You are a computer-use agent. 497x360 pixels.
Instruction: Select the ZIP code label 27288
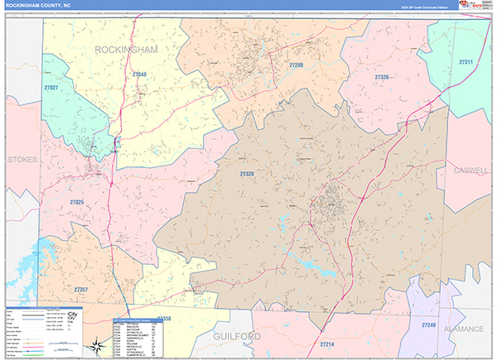(x=297, y=65)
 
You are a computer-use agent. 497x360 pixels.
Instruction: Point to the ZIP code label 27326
(x=381, y=77)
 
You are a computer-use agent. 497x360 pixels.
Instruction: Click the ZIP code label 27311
(x=466, y=62)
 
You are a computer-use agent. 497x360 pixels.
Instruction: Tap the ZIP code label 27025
(x=77, y=202)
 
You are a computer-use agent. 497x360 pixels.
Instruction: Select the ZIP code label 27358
(x=162, y=318)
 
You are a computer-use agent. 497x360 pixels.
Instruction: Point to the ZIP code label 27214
(x=326, y=343)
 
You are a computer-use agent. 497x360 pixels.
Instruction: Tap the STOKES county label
(x=22, y=158)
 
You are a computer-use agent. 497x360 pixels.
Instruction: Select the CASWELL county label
(x=471, y=170)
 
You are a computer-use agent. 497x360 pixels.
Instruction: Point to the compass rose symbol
(x=75, y=317)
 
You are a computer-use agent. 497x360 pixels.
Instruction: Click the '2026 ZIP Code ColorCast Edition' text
(x=422, y=7)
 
